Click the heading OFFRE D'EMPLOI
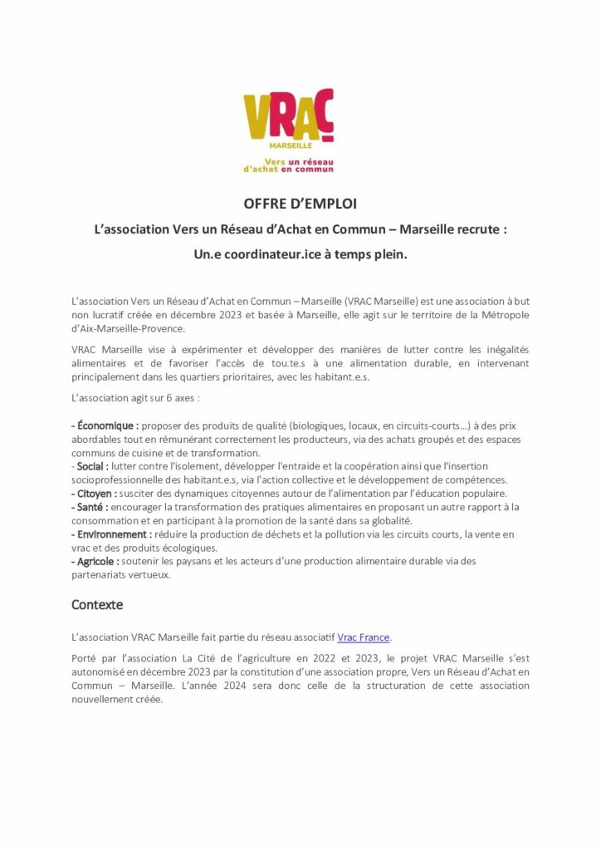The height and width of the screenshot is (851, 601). [300, 204]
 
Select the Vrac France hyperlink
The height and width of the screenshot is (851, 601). [363, 637]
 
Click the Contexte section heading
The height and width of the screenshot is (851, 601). [96, 604]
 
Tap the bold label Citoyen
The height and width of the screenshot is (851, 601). [95, 494]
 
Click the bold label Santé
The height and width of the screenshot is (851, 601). [90, 507]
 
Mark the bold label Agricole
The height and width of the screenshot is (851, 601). [95, 561]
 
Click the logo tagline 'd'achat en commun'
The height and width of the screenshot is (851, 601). [288, 169]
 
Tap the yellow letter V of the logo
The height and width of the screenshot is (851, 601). [256, 116]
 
